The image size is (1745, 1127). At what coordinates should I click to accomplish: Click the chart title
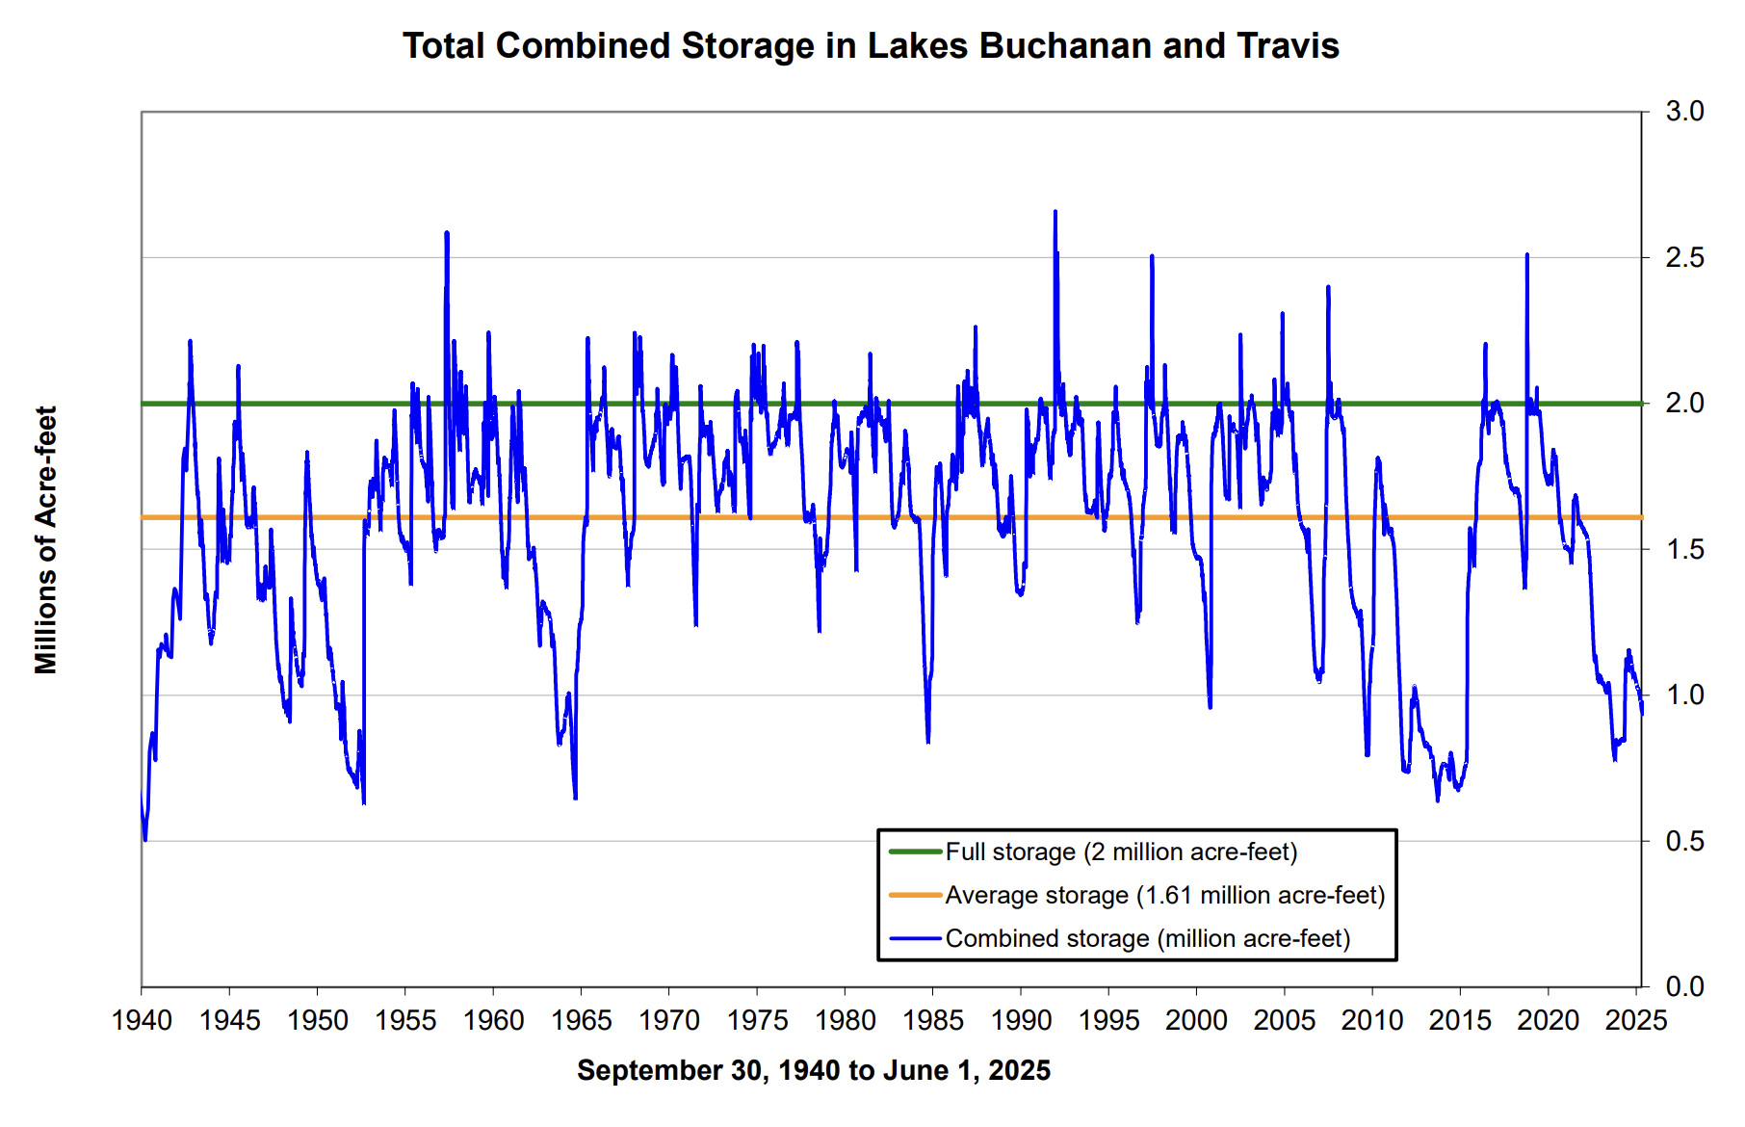(871, 46)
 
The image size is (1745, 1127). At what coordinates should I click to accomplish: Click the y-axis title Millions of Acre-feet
(46, 539)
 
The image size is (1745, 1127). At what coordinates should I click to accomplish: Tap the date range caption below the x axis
(814, 1070)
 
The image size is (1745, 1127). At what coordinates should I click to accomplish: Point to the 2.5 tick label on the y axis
(1684, 258)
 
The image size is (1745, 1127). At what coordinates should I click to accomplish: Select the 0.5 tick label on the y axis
(1684, 841)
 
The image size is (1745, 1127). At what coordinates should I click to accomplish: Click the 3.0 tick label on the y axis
(1684, 112)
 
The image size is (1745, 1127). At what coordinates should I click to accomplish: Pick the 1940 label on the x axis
(143, 1020)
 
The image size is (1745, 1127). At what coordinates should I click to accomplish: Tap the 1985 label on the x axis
(932, 1020)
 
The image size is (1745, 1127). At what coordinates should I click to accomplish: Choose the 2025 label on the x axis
(1635, 1020)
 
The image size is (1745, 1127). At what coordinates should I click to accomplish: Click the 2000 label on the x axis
(1196, 1020)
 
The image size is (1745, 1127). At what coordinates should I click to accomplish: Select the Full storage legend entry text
(1121, 852)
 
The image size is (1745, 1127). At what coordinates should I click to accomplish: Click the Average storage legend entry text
(1164, 895)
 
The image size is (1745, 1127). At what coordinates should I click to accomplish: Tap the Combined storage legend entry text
(1147, 938)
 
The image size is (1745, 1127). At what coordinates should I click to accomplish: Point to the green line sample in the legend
(914, 852)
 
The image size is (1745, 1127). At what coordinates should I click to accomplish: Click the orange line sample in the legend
(914, 895)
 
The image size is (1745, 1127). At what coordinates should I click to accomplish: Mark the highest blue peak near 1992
(1055, 212)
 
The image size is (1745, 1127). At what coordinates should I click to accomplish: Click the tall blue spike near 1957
(447, 233)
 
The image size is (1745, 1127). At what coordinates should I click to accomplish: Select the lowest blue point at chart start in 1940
(145, 839)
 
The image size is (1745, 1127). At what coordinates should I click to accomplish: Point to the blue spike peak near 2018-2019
(1526, 255)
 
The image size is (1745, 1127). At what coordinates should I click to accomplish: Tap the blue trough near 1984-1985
(928, 741)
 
